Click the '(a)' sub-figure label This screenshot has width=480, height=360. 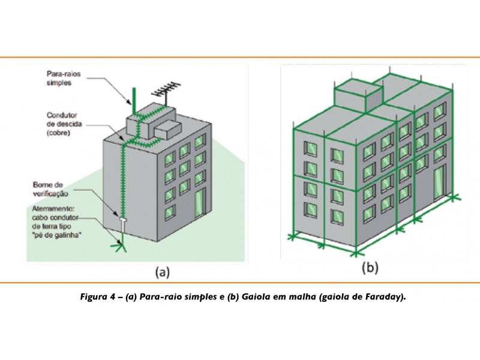click(x=163, y=271)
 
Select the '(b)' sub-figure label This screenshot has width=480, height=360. click(x=370, y=268)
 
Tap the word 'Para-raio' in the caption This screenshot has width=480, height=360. click(x=158, y=297)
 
